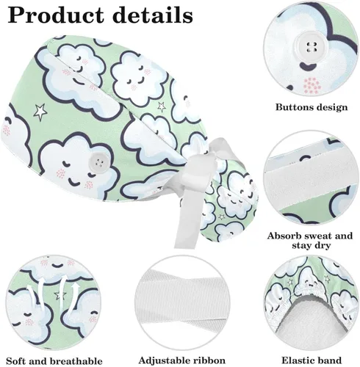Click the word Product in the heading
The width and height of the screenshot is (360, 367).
click(x=57, y=15)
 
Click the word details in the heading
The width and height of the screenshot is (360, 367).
click(x=154, y=15)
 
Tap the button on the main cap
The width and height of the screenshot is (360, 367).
click(x=98, y=161)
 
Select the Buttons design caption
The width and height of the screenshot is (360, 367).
click(x=312, y=107)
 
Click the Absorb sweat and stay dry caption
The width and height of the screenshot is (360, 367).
click(x=310, y=241)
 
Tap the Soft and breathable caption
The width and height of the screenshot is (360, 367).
click(x=54, y=361)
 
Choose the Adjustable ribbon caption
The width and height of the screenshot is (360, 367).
click(x=181, y=360)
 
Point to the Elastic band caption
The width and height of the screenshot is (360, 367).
click(x=312, y=360)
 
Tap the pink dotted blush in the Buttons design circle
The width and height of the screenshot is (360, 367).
click(x=312, y=86)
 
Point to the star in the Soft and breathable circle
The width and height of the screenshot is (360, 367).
click(x=60, y=296)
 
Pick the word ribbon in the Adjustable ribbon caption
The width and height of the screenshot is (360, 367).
click(x=209, y=360)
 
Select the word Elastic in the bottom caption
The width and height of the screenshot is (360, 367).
click(x=296, y=360)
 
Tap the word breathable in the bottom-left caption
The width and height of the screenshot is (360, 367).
click(x=76, y=361)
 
